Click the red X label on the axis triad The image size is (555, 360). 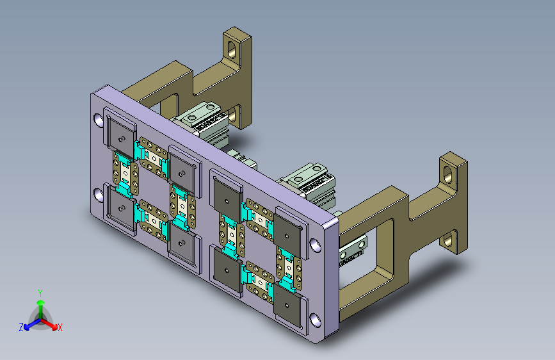pyautogui.click(x=60, y=327)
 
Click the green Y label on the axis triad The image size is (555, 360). pyautogui.click(x=40, y=293)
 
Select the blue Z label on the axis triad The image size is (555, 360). pyautogui.click(x=21, y=327)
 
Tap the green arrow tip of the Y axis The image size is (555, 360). pyautogui.click(x=41, y=302)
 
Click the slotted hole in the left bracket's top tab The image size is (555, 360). pyautogui.click(x=232, y=49)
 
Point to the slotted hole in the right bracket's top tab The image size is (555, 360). pyautogui.click(x=447, y=174)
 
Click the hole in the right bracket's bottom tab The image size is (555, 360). pyautogui.click(x=448, y=241)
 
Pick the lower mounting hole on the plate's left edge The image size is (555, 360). pyautogui.click(x=99, y=195)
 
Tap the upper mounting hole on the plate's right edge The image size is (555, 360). pyautogui.click(x=315, y=245)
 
